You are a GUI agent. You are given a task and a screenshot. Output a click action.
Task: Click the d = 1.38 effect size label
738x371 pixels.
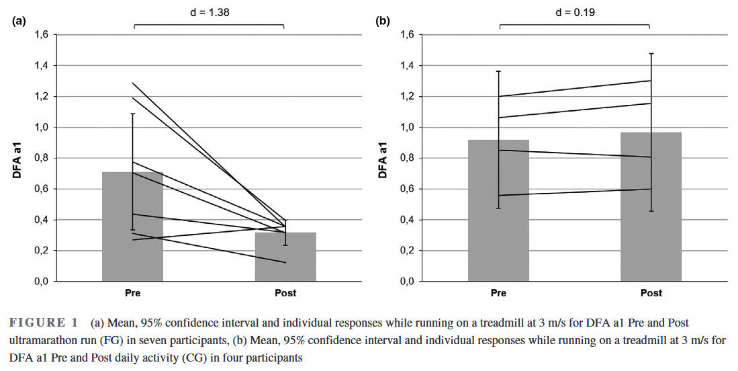[209, 11]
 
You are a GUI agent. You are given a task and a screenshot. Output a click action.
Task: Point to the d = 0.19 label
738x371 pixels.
[575, 11]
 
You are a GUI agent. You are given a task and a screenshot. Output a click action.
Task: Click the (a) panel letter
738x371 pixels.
[19, 21]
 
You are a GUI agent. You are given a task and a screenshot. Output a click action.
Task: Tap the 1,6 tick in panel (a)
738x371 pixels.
[42, 35]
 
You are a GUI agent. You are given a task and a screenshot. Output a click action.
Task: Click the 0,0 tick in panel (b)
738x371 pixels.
[408, 282]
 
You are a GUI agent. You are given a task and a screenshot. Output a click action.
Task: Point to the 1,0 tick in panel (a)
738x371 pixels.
[42, 128]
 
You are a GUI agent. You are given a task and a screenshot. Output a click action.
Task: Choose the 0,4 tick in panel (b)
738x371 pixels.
[408, 220]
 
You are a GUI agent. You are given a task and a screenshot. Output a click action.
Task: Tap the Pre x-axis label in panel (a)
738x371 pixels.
[132, 293]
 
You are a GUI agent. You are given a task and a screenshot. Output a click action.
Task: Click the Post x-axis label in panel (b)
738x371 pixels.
[651, 293]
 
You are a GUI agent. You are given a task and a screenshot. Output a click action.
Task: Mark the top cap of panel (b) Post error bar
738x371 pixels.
[651, 53]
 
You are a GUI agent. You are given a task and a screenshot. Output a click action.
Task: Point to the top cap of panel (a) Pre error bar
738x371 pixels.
[132, 114]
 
